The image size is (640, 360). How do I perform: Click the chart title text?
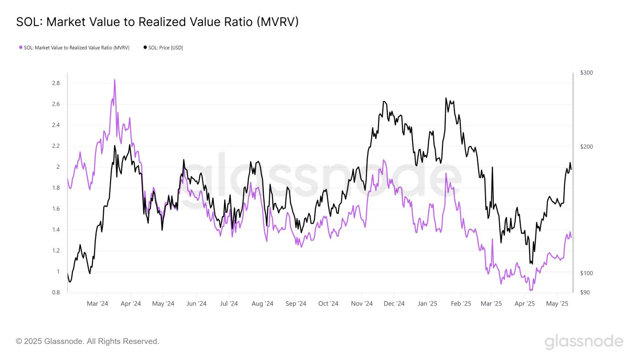click(157, 22)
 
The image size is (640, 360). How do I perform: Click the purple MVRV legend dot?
click(21, 48)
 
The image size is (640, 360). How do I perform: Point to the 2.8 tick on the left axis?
click(56, 83)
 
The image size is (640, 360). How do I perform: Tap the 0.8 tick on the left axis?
click(56, 293)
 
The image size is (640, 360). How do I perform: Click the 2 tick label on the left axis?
click(58, 167)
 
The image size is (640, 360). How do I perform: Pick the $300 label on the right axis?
click(586, 73)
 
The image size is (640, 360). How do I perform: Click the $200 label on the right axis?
click(586, 146)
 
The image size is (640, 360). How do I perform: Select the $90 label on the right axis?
click(585, 292)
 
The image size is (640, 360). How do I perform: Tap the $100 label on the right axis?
click(586, 273)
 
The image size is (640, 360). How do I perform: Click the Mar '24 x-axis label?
click(97, 303)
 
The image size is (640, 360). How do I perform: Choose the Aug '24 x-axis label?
click(262, 303)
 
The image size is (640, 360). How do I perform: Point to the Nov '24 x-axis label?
click(362, 303)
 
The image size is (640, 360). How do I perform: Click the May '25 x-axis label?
click(557, 303)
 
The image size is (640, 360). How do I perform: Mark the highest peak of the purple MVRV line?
click(114, 80)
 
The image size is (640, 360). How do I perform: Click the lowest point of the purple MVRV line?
click(531, 290)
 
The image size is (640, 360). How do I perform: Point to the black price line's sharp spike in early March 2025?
click(492, 167)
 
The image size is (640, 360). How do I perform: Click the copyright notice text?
click(87, 341)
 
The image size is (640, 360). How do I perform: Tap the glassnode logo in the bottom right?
click(584, 342)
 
